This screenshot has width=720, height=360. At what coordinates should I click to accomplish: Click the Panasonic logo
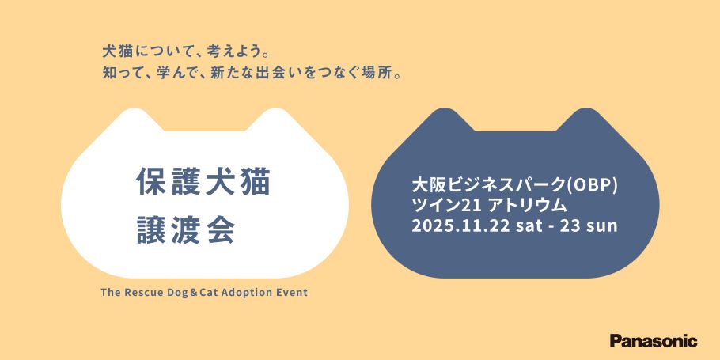[654, 341]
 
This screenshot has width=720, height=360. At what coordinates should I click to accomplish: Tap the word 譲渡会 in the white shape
[187, 229]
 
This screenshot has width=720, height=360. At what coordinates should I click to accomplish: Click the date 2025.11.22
[460, 226]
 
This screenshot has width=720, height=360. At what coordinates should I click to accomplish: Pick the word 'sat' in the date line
[528, 227]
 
